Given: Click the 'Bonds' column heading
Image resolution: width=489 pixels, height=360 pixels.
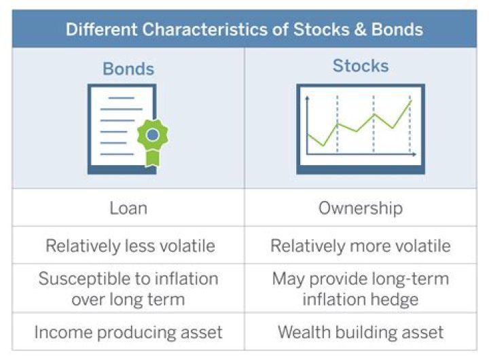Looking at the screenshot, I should click(128, 69).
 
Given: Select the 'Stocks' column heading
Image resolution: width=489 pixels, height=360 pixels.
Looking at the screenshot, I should click(360, 66).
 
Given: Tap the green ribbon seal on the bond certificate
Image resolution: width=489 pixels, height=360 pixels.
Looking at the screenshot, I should click(153, 139).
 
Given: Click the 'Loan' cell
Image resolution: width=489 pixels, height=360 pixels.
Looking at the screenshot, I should click(128, 208).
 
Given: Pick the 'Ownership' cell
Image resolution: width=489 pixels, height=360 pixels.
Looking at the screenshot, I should click(360, 208).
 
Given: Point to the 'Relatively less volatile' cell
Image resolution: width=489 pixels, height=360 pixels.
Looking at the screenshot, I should click(128, 245).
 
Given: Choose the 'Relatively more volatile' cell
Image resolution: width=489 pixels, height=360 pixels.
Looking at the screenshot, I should click(360, 245).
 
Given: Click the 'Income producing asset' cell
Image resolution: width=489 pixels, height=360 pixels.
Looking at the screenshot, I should click(128, 332).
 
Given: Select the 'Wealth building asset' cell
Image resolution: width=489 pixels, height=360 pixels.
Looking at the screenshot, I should click(360, 332).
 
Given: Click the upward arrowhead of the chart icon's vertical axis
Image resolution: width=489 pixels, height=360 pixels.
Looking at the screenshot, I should click(308, 99).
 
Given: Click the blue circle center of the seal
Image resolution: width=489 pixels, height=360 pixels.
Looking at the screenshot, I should click(153, 134).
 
